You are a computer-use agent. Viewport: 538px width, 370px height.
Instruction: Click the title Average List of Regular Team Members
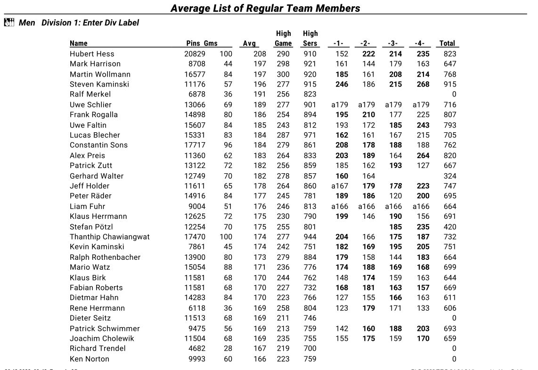(265, 8)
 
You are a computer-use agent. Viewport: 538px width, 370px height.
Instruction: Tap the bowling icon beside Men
(9, 23)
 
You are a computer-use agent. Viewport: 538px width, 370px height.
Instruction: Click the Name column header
(79, 43)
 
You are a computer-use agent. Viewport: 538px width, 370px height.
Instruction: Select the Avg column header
(249, 43)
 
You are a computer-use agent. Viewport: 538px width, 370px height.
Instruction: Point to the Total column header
(447, 43)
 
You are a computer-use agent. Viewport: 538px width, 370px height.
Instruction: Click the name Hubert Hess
(92, 54)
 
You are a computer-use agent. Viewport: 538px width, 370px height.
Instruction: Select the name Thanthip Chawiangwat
(109, 237)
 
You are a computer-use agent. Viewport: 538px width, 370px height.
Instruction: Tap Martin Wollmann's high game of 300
(283, 74)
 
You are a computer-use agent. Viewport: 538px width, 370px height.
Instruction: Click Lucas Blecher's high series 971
(310, 135)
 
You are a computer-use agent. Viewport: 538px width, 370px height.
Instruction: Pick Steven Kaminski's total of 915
(450, 84)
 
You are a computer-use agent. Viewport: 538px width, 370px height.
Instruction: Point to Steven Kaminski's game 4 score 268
(423, 84)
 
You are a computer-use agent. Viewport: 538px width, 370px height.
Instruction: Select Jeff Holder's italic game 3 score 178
(396, 186)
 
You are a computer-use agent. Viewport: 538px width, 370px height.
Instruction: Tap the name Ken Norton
(90, 359)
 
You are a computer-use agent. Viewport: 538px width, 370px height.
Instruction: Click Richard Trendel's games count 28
(228, 348)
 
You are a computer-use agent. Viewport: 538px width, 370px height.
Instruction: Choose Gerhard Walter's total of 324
(450, 176)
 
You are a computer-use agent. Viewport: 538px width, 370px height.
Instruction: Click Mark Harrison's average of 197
(260, 64)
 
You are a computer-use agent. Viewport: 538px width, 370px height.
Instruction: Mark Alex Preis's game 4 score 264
(423, 155)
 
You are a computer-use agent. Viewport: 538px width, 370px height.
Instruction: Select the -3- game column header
(393, 43)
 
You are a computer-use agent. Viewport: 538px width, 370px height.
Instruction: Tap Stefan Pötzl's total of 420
(450, 227)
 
